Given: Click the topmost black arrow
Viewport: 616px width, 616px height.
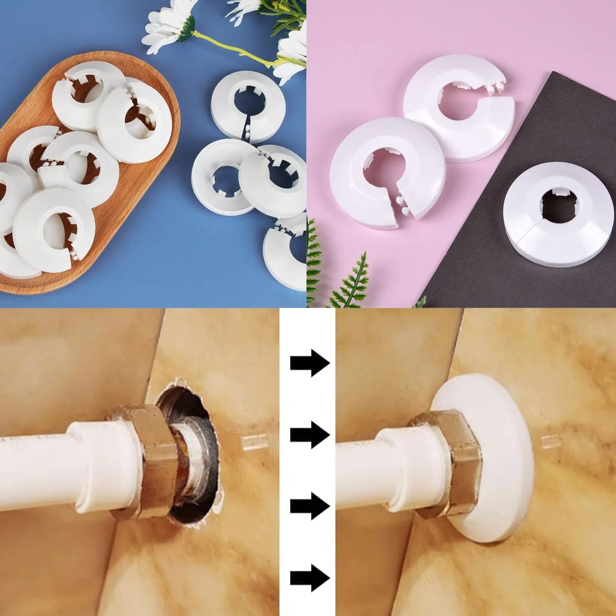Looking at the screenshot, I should point(310,363).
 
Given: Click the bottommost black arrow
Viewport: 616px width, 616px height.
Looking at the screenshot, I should point(310,578).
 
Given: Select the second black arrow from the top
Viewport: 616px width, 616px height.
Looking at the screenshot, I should point(310,435).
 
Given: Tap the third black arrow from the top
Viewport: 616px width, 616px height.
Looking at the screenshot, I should point(310,506).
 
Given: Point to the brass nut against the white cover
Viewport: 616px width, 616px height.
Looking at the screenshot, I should point(448,463).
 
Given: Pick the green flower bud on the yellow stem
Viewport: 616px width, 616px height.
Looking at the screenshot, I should point(187,33).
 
